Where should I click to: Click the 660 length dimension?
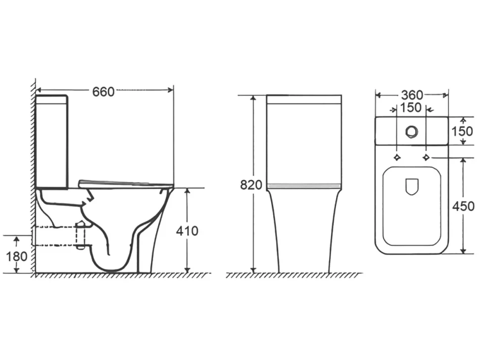click(x=103, y=92)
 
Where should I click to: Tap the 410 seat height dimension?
click(x=187, y=231)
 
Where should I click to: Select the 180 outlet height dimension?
click(x=17, y=256)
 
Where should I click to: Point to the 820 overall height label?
click(x=251, y=185)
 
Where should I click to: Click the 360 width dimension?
click(x=412, y=95)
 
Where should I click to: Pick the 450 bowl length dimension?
click(x=464, y=206)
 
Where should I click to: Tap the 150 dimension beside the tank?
click(x=462, y=131)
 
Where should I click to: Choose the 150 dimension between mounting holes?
click(x=411, y=108)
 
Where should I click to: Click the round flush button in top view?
click(x=412, y=131)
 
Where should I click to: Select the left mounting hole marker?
click(x=397, y=157)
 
